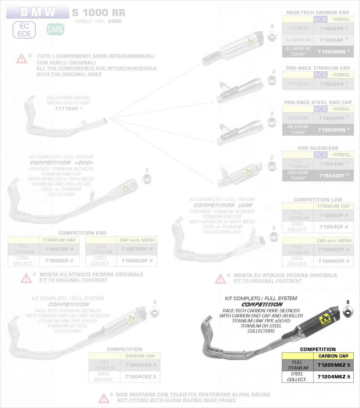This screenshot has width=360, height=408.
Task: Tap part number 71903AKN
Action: (x=332, y=52)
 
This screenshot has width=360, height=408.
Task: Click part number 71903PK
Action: (x=332, y=28)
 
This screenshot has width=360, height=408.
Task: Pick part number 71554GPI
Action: (x=332, y=176)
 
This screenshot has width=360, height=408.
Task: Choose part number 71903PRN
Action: (x=332, y=130)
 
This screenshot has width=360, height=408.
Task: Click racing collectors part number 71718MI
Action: (x=66, y=108)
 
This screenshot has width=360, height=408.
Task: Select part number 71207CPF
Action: (x=134, y=249)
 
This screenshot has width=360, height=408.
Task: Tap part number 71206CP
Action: (x=57, y=260)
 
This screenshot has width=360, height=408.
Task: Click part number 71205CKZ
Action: (x=138, y=365)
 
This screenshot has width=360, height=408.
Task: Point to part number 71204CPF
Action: (x=332, y=261)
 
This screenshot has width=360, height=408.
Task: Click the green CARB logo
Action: (x=55, y=29)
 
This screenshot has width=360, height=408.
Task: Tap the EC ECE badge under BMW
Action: (x=24, y=30)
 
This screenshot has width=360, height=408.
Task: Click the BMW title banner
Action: (x=38, y=12)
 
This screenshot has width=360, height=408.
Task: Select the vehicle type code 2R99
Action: (x=114, y=21)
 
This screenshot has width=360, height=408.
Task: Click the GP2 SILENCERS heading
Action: (x=318, y=148)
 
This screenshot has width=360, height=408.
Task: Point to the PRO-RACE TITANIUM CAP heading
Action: (x=318, y=68)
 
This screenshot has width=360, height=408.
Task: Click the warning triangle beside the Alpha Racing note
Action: (x=104, y=398)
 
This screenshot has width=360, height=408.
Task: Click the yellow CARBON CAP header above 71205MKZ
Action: (x=333, y=356)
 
